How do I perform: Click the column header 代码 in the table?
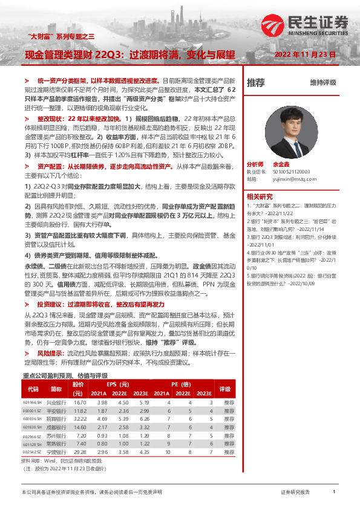[33, 389]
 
